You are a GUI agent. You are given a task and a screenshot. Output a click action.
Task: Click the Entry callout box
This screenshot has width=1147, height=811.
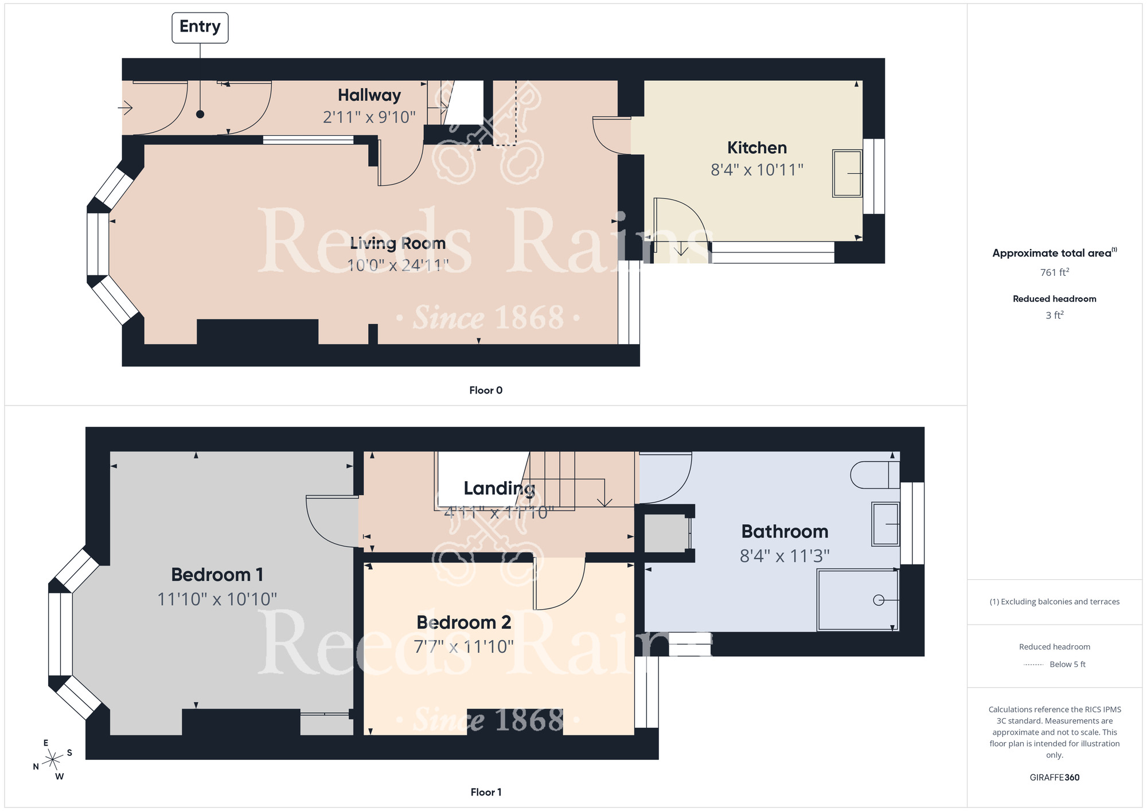pos(200,27)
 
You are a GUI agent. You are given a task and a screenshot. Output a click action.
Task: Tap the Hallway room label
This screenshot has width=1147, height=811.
pos(369,95)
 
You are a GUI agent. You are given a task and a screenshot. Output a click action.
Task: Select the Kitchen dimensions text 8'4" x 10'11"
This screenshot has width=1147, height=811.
pos(756,170)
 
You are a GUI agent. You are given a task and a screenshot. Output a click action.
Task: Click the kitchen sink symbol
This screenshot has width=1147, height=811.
pos(847,173)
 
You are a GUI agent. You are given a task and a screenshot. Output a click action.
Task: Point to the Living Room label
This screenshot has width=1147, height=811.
pos(397,243)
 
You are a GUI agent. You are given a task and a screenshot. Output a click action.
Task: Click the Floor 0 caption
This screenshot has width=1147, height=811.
pos(485,390)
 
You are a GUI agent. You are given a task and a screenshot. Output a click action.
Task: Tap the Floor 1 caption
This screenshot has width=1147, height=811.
pos(485,792)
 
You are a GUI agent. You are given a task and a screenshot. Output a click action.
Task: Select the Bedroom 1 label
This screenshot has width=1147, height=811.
pos(217,574)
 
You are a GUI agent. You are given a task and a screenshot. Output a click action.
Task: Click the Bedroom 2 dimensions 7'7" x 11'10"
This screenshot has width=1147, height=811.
pos(463,647)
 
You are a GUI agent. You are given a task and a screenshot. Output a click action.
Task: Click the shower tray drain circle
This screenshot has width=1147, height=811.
pos(878,600)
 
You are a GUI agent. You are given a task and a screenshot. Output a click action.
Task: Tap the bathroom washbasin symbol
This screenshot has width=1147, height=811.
pos(885,524)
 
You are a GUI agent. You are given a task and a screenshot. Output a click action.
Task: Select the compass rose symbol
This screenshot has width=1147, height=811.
pos(53,760)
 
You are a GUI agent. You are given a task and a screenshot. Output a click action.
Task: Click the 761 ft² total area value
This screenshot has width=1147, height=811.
pos(1054,272)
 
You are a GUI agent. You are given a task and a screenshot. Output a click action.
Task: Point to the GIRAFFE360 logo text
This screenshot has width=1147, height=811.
pos(1054,778)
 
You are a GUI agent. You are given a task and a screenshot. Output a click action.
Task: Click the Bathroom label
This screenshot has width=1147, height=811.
pos(785,532)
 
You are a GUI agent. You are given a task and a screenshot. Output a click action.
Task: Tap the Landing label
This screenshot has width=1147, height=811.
pos(499,488)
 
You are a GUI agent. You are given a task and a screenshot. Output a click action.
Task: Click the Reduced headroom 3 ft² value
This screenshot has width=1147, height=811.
pos(1054,315)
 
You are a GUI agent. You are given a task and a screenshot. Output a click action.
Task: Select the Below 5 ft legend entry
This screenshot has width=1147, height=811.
pos(1067,664)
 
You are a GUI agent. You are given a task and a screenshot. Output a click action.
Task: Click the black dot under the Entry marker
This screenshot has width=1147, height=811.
pos(200,114)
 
